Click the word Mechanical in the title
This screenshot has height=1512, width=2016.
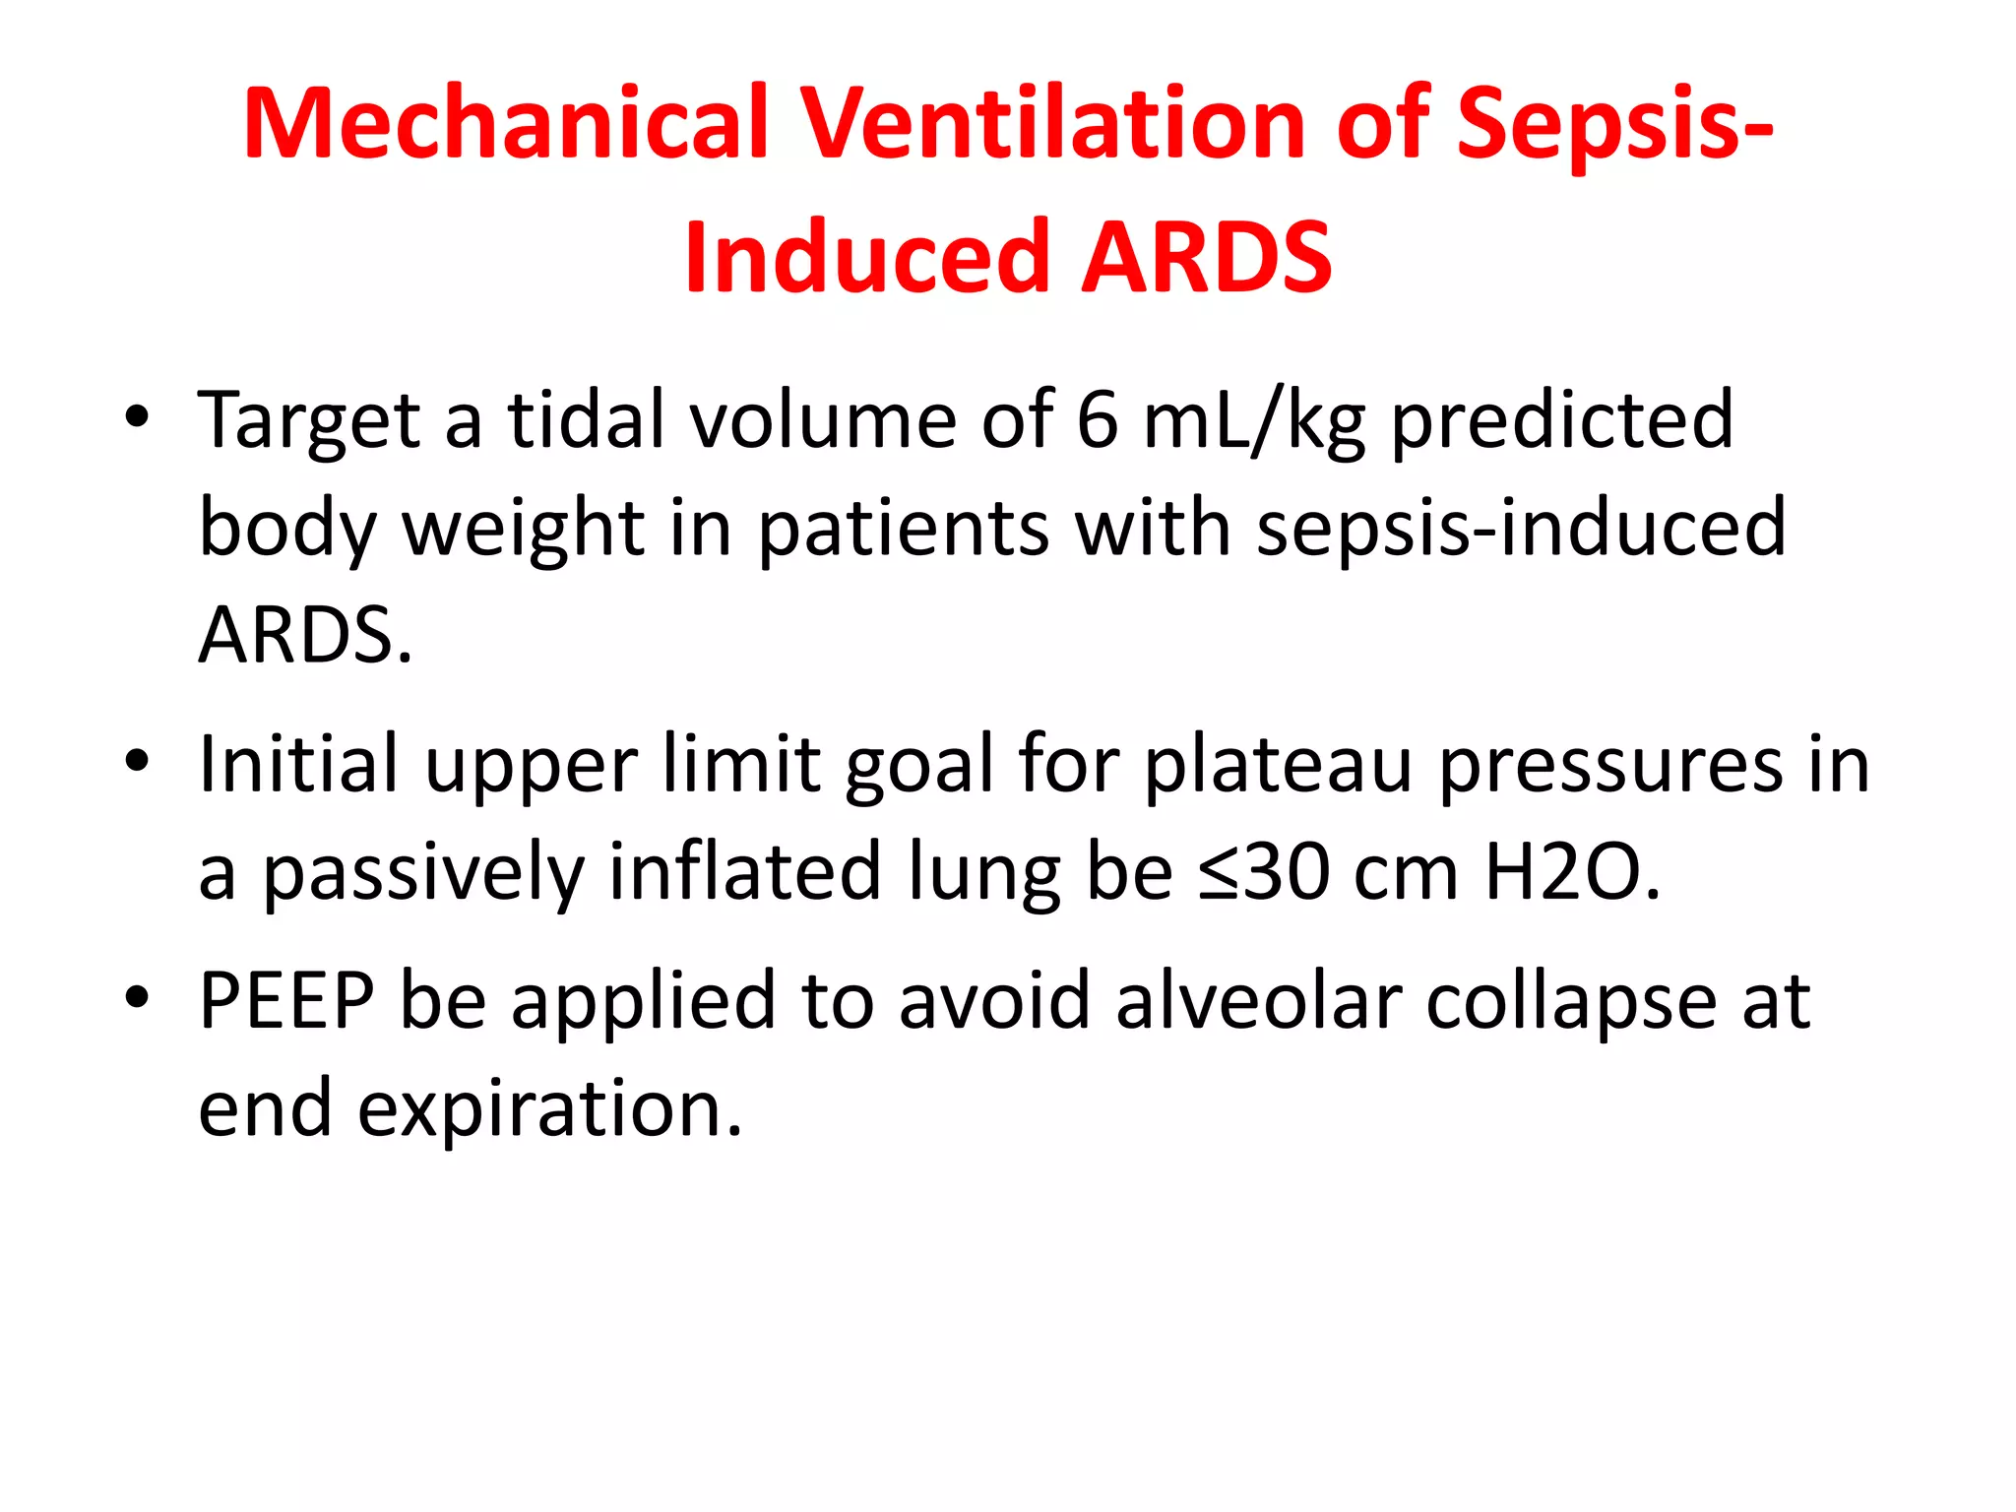pos(504,122)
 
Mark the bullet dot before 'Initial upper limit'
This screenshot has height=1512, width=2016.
pos(137,761)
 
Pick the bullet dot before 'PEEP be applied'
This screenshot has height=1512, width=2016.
pos(137,997)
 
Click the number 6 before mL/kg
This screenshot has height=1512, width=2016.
pos(1098,419)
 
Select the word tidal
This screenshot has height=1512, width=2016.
pos(586,419)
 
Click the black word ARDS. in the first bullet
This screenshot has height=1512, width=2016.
pos(305,635)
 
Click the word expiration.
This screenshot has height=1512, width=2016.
pos(549,1108)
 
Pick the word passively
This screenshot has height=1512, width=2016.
pos(423,874)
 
